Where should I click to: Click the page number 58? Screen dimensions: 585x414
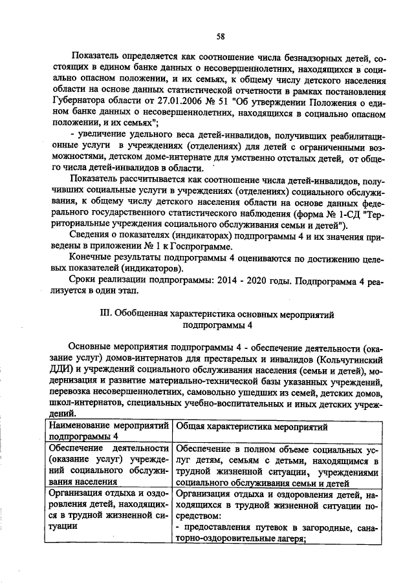(x=220, y=36)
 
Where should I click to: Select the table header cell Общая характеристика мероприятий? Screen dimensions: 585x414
(x=252, y=427)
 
